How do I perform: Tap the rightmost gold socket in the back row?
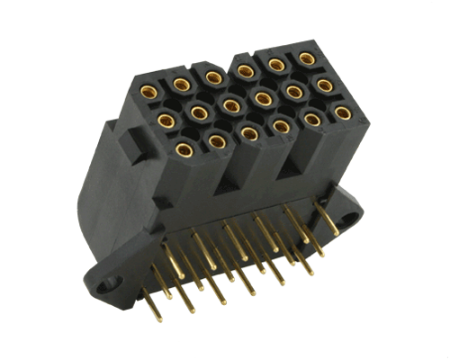[x=307, y=59]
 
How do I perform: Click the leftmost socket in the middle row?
[x=164, y=118]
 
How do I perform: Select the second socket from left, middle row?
[x=197, y=112]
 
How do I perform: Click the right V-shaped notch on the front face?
[x=293, y=167]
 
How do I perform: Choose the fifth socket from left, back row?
[x=274, y=65]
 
